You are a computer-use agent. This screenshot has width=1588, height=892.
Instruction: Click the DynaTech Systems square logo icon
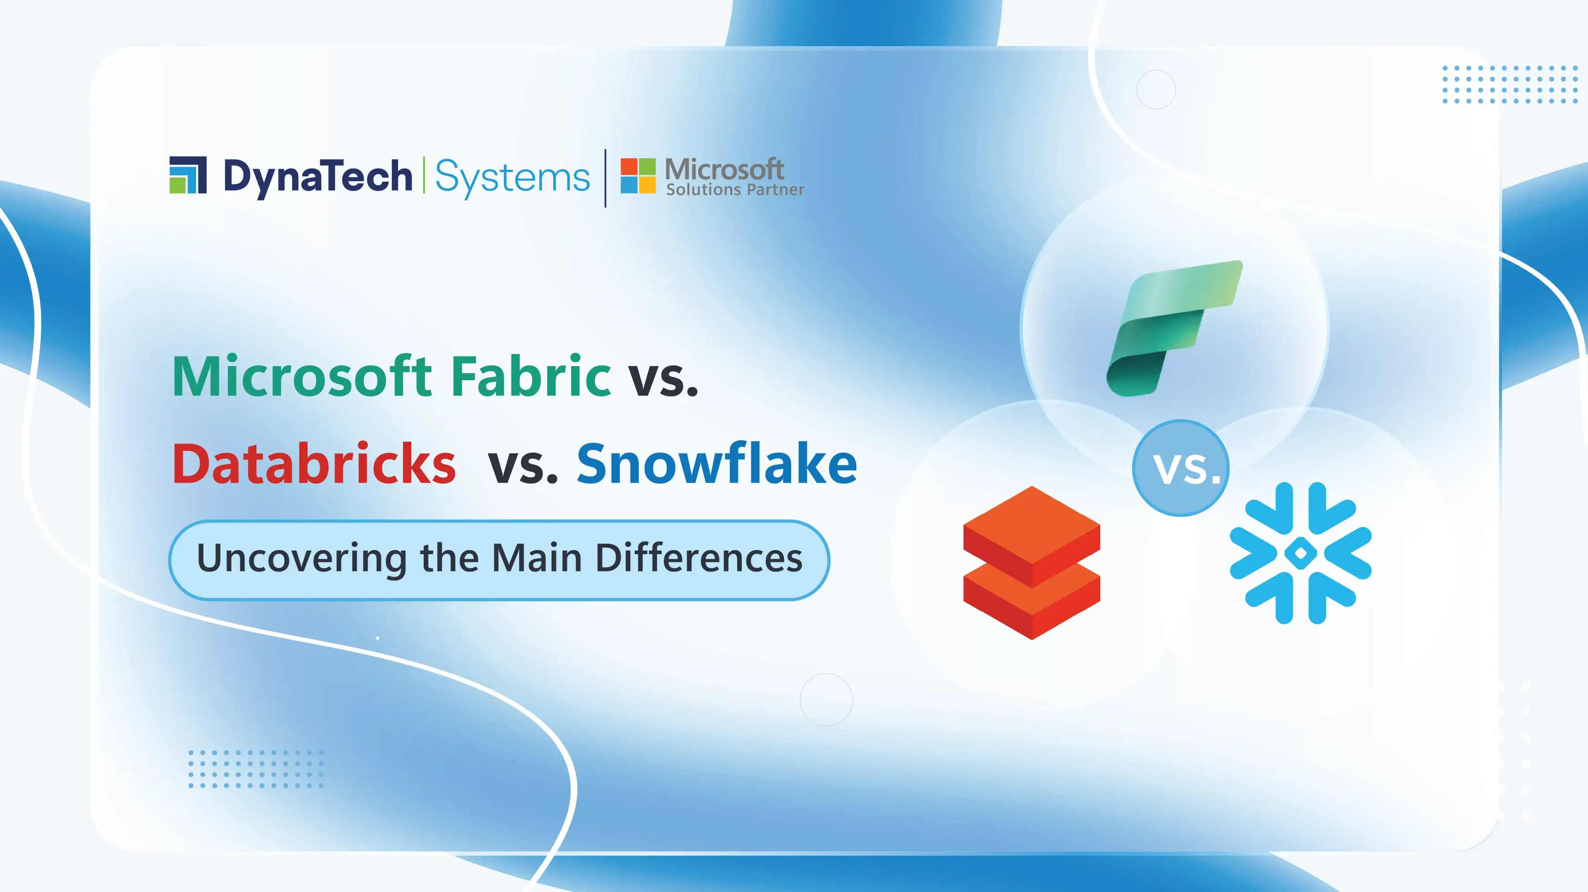187,175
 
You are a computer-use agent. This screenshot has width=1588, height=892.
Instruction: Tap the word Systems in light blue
512,178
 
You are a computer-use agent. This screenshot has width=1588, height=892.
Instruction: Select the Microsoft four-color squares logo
637,176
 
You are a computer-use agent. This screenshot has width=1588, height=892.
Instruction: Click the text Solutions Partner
735,189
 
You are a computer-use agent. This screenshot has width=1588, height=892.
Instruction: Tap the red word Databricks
314,464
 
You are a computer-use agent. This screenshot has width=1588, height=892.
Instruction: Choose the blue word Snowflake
717,464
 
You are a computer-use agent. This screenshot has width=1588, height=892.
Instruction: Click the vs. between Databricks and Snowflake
523,466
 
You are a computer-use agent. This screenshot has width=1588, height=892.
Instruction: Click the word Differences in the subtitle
699,558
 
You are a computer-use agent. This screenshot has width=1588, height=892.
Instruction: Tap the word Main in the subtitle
537,558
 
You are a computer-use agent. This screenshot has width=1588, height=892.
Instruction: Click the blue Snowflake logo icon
1300,553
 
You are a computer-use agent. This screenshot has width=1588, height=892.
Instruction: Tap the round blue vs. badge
1180,468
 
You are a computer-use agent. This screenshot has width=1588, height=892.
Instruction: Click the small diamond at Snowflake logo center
1300,553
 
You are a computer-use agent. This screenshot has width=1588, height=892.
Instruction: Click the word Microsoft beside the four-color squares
724,168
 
